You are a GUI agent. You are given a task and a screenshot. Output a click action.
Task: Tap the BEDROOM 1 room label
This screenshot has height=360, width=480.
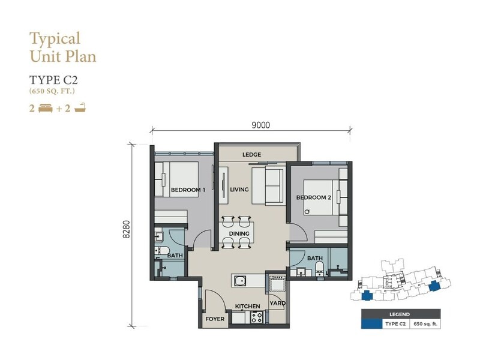click(x=188, y=190)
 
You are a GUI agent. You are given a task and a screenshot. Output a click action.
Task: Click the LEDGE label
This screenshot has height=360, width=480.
click(x=251, y=155)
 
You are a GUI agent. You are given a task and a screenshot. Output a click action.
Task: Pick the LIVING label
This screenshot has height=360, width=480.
click(x=239, y=190)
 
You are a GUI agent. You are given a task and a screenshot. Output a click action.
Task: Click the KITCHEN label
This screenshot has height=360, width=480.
click(x=247, y=307)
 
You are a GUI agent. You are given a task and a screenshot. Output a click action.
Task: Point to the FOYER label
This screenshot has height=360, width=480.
click(x=215, y=319)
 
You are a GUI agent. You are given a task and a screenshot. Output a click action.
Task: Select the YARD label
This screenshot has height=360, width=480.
click(x=277, y=303)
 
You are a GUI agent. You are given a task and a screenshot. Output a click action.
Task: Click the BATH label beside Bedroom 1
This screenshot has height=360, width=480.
click(x=175, y=256)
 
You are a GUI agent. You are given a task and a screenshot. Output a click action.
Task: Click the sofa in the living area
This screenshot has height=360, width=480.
click(x=270, y=186)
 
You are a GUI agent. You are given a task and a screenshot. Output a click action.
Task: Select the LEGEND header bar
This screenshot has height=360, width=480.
click(x=398, y=314)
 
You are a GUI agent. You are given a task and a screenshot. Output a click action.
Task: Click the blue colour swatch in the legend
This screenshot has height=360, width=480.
click(x=372, y=324)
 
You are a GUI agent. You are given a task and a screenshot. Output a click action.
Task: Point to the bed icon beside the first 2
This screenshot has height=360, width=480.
click(x=46, y=109)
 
